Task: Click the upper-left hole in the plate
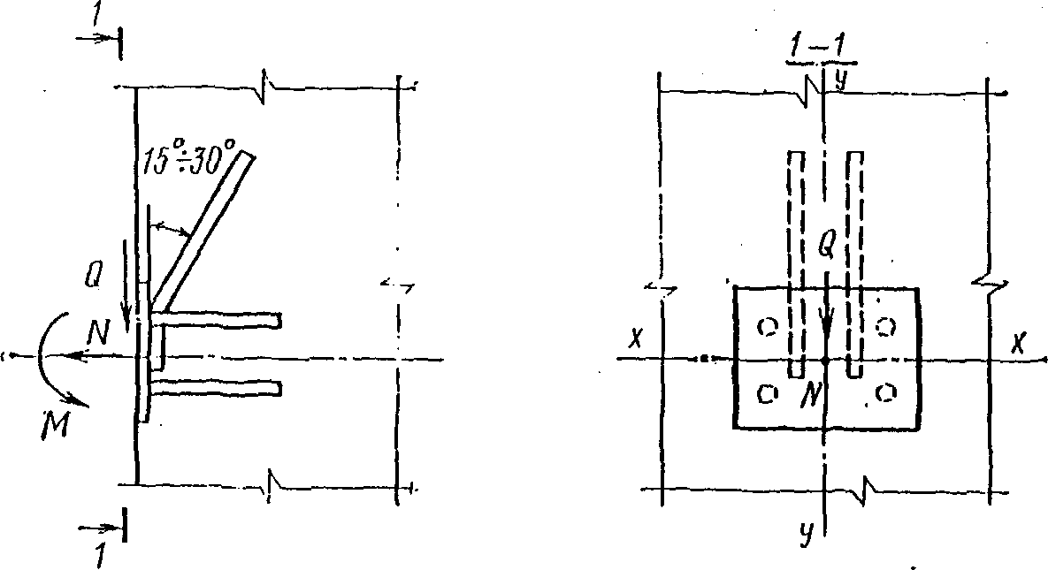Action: pos(769,327)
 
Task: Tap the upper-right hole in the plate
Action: pos(885,326)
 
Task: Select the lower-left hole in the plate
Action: pos(769,392)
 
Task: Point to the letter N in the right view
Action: pos(807,395)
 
